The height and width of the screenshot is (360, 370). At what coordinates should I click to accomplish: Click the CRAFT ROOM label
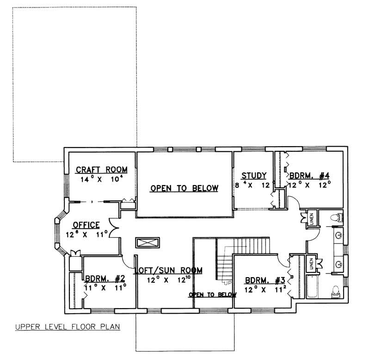click(101, 170)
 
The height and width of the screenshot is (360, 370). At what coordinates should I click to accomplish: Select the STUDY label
click(254, 175)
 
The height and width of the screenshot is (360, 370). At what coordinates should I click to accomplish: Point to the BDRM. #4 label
click(309, 175)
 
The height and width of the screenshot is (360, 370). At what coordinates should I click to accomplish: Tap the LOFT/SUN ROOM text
click(168, 271)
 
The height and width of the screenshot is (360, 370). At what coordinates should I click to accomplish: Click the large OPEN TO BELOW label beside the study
click(184, 187)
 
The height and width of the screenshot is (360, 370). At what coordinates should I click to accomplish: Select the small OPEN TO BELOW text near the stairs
click(212, 294)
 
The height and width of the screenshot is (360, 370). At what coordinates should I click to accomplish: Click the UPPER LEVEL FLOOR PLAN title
click(67, 327)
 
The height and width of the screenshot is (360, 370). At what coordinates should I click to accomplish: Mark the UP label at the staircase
click(227, 282)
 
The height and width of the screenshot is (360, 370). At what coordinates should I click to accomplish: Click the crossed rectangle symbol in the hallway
click(148, 243)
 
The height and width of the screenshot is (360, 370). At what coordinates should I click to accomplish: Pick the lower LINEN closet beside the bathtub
click(312, 264)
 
